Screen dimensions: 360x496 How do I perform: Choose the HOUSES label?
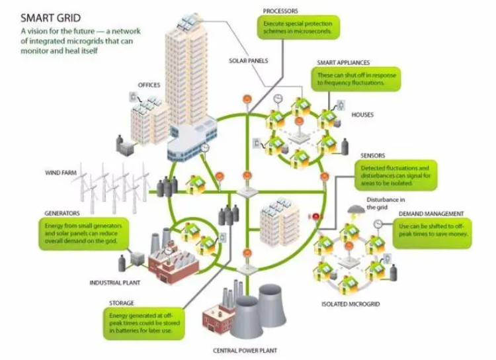(363, 114)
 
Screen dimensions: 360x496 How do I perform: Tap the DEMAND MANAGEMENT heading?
(431, 214)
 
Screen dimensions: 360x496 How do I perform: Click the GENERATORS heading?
(62, 214)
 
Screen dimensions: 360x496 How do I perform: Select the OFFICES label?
(149, 85)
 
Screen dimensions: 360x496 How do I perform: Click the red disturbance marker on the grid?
(316, 216)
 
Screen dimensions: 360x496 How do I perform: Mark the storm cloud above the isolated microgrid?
(354, 210)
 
